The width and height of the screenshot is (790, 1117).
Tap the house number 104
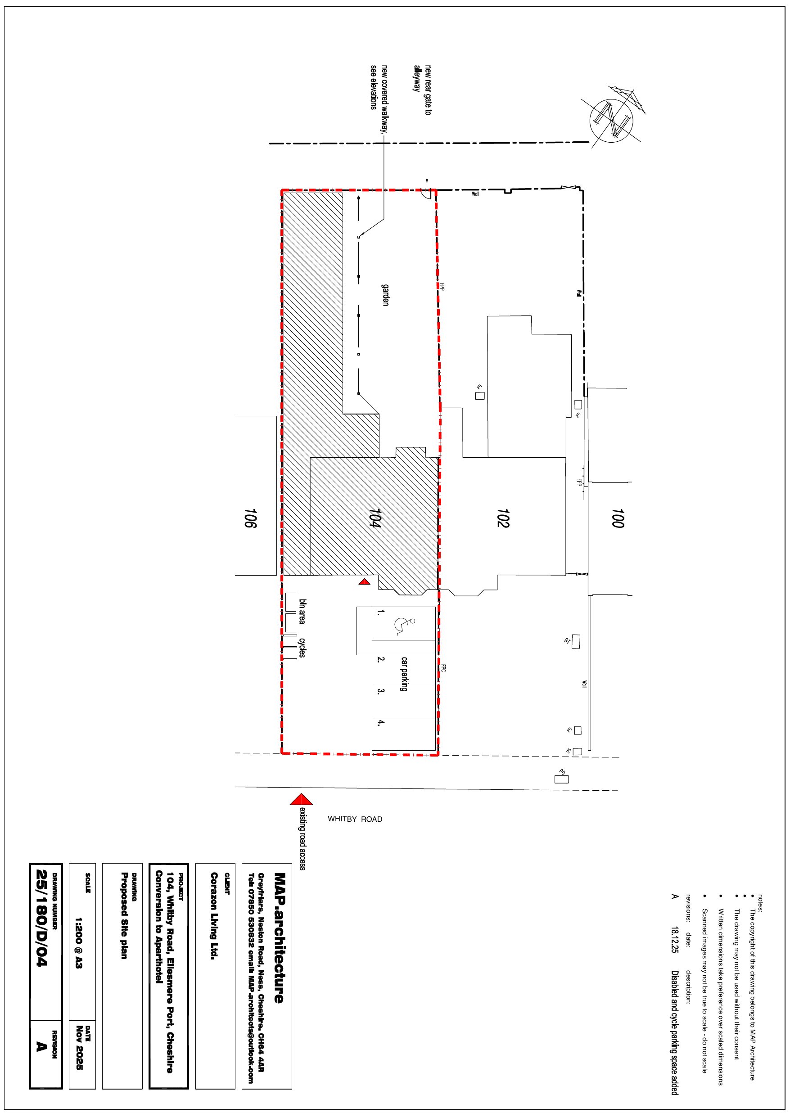coord(375,518)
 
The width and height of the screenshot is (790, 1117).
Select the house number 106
coord(250,518)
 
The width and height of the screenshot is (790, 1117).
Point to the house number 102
coord(503,518)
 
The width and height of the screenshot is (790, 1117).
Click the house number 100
coord(617,518)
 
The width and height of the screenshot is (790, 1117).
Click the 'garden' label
coord(385,294)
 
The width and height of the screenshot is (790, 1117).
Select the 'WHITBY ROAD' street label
coord(355,819)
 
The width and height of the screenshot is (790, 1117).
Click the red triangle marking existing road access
coord(301,799)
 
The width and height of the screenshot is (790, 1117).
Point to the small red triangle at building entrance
coord(365,582)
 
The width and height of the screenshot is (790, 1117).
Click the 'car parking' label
coord(404,674)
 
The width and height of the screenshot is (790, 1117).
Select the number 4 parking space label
coord(381,723)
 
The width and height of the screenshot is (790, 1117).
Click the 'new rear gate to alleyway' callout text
coord(422,90)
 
